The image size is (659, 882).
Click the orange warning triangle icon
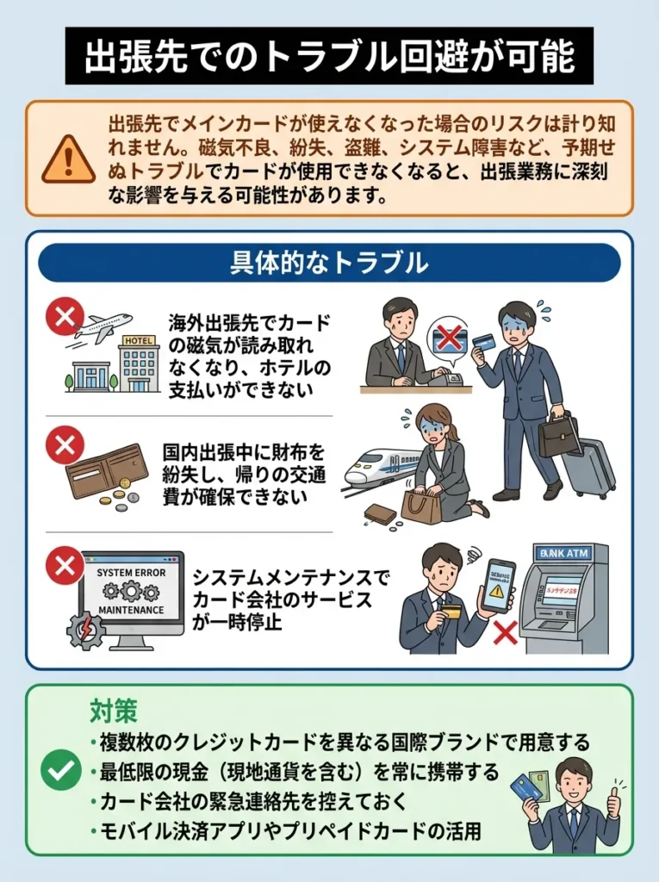(x=69, y=159)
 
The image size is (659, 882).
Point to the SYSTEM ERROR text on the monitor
(x=131, y=572)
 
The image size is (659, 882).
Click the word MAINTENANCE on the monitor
(x=131, y=610)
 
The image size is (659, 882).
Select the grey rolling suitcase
(x=590, y=466)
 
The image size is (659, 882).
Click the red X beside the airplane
(x=65, y=316)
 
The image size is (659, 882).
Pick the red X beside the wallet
(x=65, y=445)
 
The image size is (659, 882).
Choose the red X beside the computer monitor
(x=65, y=566)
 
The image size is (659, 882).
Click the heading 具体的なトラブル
(x=329, y=263)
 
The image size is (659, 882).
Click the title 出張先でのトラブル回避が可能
(x=329, y=57)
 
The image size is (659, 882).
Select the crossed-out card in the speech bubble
(x=449, y=338)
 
